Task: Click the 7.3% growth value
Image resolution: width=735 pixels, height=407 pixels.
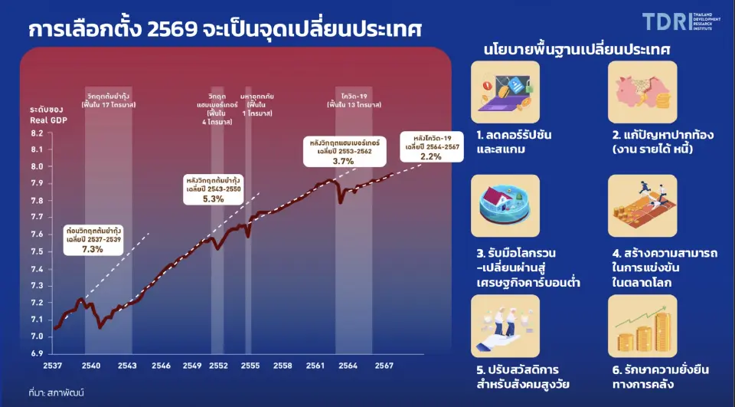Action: pyautogui.click(x=92, y=249)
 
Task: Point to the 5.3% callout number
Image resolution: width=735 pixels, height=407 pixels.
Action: pyautogui.click(x=213, y=199)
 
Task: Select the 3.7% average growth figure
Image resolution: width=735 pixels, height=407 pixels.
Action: pyautogui.click(x=343, y=162)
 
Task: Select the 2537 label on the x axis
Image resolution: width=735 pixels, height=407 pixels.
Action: pyautogui.click(x=53, y=366)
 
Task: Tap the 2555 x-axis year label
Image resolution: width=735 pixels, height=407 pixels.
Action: pyautogui.click(x=250, y=366)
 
